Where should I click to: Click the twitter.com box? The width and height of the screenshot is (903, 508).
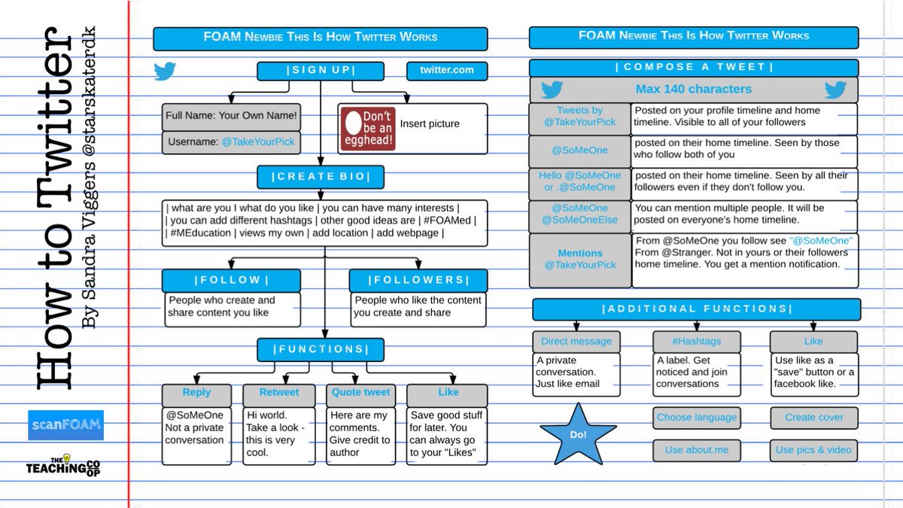click(x=447, y=71)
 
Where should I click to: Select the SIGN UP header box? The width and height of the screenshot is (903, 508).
click(x=321, y=71)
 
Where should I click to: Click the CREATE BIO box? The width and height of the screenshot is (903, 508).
click(x=321, y=177)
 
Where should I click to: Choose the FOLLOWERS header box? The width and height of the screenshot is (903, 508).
click(x=418, y=281)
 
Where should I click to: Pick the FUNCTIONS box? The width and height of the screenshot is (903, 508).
click(x=321, y=350)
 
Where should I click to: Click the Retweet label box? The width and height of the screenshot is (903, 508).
click(x=279, y=393)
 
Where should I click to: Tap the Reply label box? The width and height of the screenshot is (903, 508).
click(x=196, y=393)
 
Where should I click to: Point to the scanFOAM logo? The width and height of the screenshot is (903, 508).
click(x=65, y=425)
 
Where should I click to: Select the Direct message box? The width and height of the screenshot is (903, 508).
click(x=576, y=342)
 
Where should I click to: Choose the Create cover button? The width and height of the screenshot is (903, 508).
click(x=814, y=418)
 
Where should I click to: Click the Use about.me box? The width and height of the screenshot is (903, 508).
click(x=695, y=450)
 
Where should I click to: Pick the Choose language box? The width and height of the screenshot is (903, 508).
click(x=696, y=418)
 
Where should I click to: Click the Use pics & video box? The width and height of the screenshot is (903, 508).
click(x=814, y=450)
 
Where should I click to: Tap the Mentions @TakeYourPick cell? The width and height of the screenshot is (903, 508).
click(x=580, y=260)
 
